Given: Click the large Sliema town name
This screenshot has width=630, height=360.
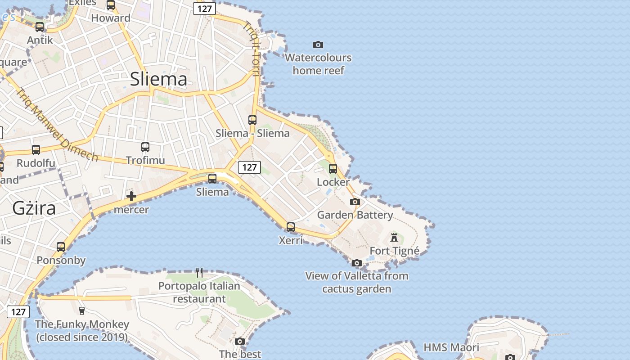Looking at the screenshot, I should (x=158, y=79).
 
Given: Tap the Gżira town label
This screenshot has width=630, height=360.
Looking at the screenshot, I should (x=34, y=208).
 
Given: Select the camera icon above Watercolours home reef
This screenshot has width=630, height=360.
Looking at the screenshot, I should (x=318, y=45).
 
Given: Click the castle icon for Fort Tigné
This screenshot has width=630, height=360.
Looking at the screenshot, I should (x=394, y=237).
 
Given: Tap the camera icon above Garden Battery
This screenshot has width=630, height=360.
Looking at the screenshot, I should (x=355, y=202).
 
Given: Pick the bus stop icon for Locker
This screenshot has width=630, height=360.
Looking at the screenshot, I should (x=333, y=169).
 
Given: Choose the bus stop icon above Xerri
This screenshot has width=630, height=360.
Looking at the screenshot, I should (x=291, y=227).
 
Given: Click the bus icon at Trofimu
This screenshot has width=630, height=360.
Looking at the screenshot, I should (x=145, y=147).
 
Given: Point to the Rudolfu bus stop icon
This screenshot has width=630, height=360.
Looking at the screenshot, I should (x=36, y=150).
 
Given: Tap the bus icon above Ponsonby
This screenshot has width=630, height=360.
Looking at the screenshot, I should (x=61, y=247).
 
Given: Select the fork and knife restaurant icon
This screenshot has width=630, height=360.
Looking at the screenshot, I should (x=199, y=272).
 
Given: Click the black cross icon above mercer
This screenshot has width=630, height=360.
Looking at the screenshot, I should (x=131, y=196).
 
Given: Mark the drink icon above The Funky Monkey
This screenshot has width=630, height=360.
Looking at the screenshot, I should (x=81, y=310).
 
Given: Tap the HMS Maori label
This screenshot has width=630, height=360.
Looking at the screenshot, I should (x=451, y=347).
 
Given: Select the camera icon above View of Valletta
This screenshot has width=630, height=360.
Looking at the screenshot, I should (x=357, y=263).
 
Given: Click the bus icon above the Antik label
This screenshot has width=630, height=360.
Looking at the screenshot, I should (x=40, y=27).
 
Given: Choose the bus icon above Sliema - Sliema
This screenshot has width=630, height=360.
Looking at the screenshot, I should (x=252, y=120).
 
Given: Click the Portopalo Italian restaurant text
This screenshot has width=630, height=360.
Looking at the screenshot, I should (x=199, y=292).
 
